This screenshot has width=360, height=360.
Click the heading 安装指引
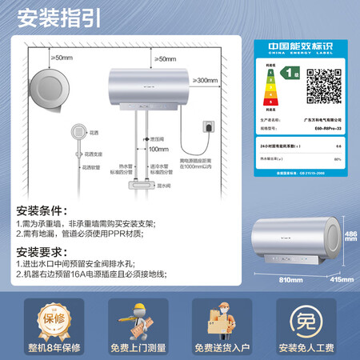(50, 17)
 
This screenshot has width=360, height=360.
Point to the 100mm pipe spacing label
(158, 149)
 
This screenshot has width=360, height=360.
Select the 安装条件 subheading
(42, 211)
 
